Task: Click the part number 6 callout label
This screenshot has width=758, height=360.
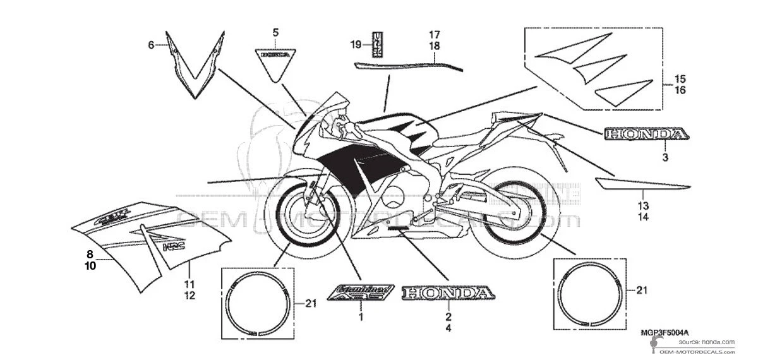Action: coord(151,45)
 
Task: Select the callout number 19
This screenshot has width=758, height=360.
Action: coord(356,44)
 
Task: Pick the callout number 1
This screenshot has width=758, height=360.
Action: coord(361,317)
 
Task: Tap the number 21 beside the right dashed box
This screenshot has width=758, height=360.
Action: coord(642,291)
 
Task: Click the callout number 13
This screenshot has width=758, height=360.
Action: coord(643,206)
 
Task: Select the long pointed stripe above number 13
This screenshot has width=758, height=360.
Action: coord(638,184)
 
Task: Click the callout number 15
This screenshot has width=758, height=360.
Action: coord(680,80)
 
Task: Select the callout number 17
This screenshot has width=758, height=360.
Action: coord(435,34)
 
